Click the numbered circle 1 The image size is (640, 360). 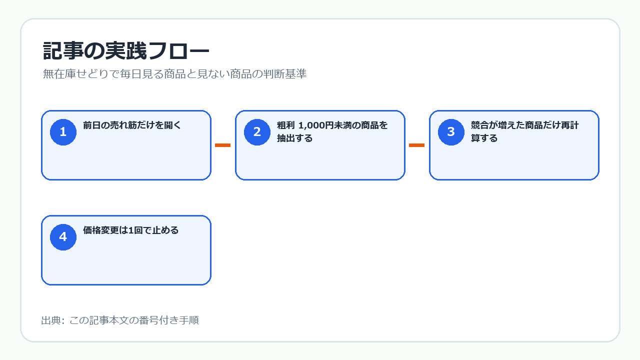pos(63,132)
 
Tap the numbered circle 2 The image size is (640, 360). pos(257,132)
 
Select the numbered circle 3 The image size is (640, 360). pos(451,132)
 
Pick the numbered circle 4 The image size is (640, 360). pos(63,237)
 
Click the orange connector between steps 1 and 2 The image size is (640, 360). pos(222,145)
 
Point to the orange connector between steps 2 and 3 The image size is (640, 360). pos(416,145)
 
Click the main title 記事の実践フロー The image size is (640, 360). pos(126,51)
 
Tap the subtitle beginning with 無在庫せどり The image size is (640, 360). pos(174,74)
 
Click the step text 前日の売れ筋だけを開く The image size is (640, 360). pos(132,125)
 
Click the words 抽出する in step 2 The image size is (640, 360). pos(294,138)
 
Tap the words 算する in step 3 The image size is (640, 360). pos(484,138)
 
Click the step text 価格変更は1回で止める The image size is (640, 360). pos(130,230)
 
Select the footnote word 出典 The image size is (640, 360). pos(51,320)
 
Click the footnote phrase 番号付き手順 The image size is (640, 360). pos(169,320)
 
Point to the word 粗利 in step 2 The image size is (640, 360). pos(285,125)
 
